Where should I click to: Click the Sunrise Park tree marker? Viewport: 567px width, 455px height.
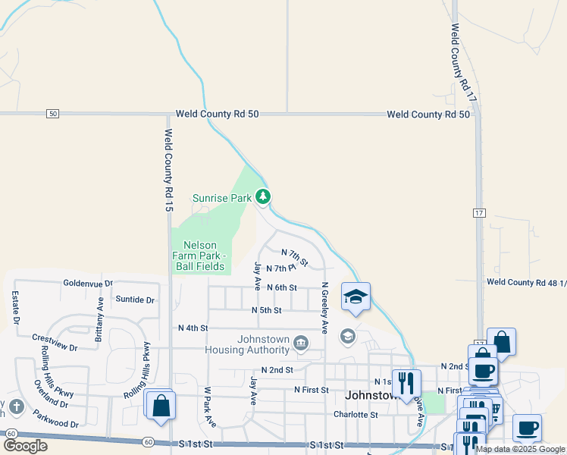pos(263,197)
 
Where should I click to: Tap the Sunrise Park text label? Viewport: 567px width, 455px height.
pos(221,198)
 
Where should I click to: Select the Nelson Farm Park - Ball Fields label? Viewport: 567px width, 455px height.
pos(200,256)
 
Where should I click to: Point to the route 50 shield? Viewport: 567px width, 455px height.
pos(52,114)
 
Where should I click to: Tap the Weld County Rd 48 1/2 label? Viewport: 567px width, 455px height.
pos(526,282)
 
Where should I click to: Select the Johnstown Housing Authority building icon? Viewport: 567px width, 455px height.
pos(301,344)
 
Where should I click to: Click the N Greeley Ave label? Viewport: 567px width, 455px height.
pos(324,308)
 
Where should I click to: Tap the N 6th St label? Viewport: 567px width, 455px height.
pos(281,287)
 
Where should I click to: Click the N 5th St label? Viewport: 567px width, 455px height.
pos(266,310)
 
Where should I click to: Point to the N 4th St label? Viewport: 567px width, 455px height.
pos(193,328)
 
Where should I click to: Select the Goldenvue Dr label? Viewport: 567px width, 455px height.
pos(87,282)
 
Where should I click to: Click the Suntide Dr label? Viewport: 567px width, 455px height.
pos(134,300)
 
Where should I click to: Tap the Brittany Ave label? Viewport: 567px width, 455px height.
pos(99,319)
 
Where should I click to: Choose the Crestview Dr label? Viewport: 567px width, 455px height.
pos(55,341)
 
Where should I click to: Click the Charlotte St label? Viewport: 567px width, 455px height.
pos(356,415)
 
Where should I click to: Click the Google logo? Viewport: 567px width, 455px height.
pos(25,445)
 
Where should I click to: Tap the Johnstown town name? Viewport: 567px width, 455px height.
pos(371,396)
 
